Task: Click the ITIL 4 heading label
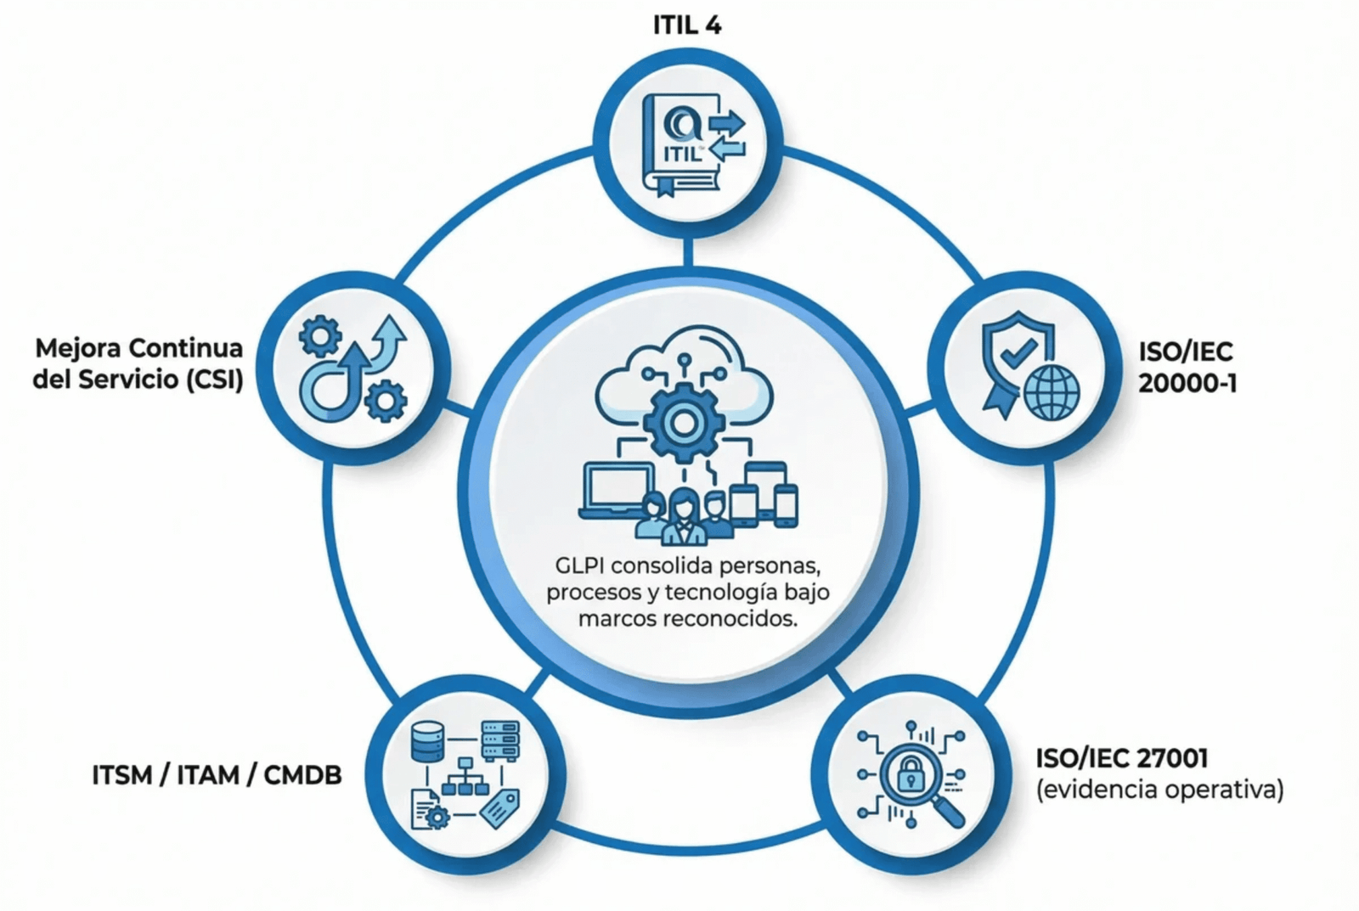coord(687,25)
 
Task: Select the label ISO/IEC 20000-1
coord(1187,368)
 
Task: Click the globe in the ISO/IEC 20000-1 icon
coord(1052,393)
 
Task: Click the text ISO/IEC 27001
coord(1121,757)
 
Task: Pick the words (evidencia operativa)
coord(1159,790)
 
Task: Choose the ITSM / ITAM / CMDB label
coord(217,775)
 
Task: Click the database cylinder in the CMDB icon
coord(427,741)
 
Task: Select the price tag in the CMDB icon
coord(500,807)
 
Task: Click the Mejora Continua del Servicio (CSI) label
coord(138,363)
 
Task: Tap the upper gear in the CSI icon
coord(320,337)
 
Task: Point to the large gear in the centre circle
coord(681,422)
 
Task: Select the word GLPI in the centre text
coord(579,565)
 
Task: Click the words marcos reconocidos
coord(687,619)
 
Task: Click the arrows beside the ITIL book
coord(726,136)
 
